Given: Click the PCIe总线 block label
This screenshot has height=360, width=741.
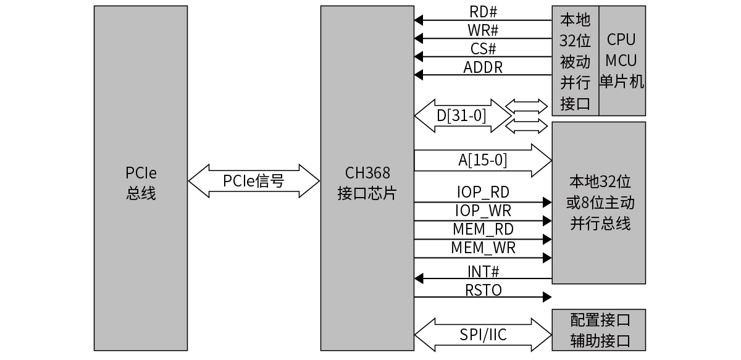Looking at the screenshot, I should [x=141, y=183].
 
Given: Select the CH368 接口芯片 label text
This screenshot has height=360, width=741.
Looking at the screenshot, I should [x=367, y=183].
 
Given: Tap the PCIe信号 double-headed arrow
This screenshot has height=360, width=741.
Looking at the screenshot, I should [x=254, y=181].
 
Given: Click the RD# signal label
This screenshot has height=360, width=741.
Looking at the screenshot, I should [x=484, y=12].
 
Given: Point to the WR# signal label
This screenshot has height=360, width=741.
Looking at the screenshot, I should [x=484, y=30].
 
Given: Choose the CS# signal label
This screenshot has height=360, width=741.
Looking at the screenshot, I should [x=484, y=49].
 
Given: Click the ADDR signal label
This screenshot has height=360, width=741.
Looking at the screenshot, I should [x=484, y=67].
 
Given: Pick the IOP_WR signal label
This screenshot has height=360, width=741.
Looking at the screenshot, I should [x=483, y=211].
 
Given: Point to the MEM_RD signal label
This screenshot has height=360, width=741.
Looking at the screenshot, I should [x=483, y=230].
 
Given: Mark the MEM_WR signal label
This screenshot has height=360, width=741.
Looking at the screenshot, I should [x=483, y=248].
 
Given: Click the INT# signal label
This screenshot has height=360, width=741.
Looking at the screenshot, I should [x=483, y=270].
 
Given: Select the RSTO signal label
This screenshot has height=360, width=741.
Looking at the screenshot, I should [x=483, y=290].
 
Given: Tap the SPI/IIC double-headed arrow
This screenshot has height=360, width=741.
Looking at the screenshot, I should [x=483, y=335].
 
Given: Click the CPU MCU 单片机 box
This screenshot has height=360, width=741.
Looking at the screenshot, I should [x=622, y=61].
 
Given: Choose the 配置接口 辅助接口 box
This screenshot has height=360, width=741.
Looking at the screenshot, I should [x=598, y=330].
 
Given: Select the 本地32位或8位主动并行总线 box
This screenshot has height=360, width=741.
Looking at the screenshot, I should [x=598, y=203].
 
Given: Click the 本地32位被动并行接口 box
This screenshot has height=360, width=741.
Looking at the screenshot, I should [x=576, y=61].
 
